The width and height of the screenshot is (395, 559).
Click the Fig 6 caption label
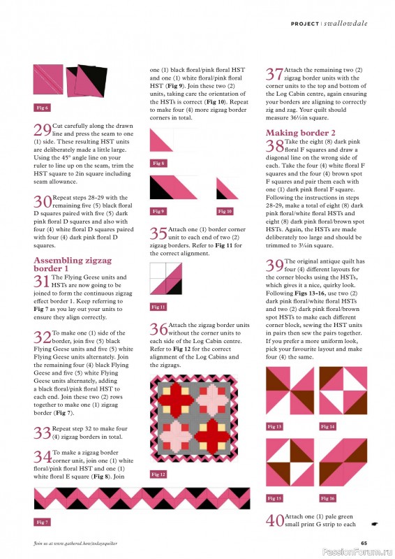coord(43,108)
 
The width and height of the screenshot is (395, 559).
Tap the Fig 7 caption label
coord(43,521)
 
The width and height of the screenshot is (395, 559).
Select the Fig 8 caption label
coord(159,163)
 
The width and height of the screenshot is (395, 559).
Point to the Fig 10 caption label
coord(225,211)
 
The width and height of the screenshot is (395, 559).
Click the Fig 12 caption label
coord(159,474)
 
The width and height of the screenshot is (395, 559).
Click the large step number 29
coord(42,129)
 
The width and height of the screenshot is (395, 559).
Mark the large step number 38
coord(274,146)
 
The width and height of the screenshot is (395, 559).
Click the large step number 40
coord(274,519)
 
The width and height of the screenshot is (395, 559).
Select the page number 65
coord(364,543)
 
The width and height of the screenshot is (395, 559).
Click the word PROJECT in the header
coord(305,23)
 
